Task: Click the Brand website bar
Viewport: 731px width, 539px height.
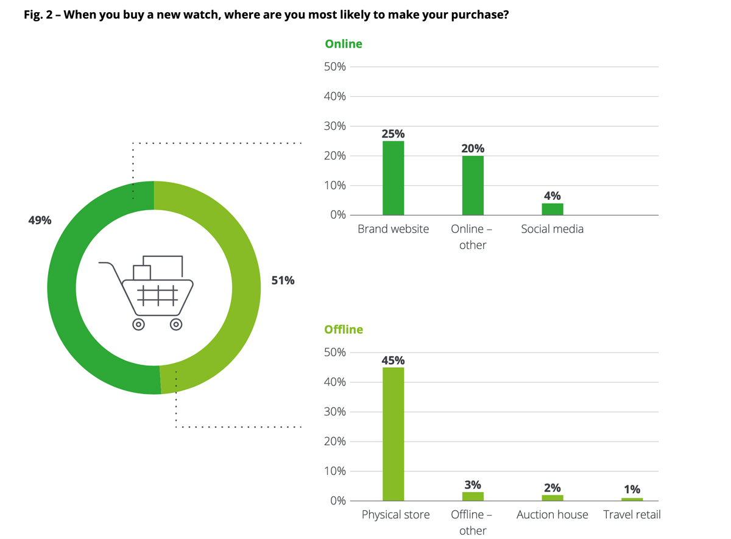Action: [x=393, y=178]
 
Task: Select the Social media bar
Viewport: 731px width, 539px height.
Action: [x=552, y=209]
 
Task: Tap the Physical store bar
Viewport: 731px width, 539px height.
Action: [x=393, y=434]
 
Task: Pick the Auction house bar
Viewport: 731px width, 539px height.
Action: [x=552, y=498]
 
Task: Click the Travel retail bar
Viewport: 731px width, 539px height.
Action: [x=632, y=499]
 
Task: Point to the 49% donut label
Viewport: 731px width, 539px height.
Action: [x=40, y=220]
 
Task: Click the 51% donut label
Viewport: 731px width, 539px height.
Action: [x=283, y=281]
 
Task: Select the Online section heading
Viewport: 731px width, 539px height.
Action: [x=344, y=44]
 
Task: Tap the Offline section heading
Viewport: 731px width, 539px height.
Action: [x=344, y=329]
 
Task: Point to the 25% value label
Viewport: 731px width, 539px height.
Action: [x=393, y=134]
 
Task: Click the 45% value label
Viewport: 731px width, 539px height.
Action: [x=393, y=360]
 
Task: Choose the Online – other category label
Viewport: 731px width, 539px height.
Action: [x=472, y=237]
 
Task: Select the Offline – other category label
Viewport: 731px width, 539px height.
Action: [x=472, y=522]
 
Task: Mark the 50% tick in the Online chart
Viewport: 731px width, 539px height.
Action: [x=334, y=67]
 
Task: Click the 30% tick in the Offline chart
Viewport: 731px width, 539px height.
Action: [x=334, y=412]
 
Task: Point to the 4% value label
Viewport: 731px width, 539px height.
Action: [x=552, y=196]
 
